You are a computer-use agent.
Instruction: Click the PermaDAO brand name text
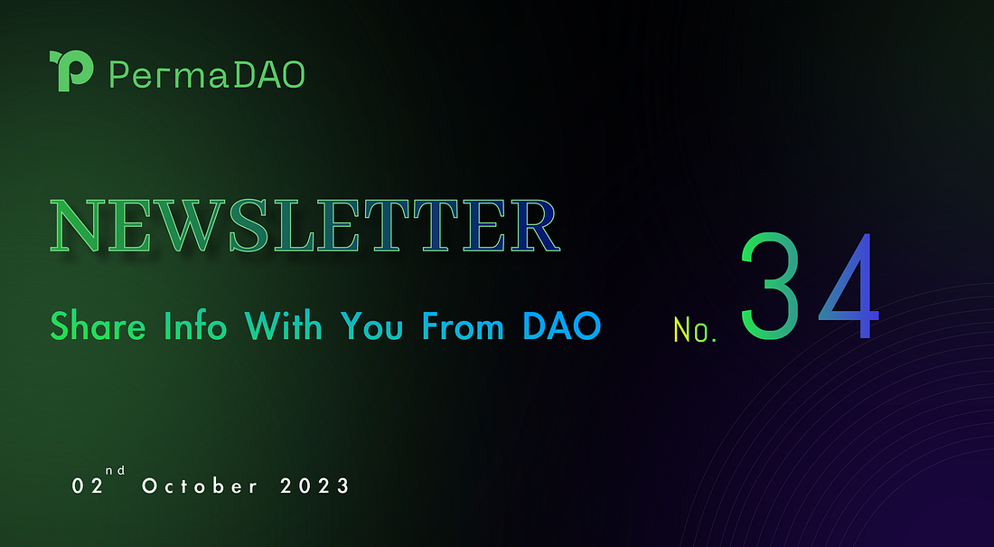(x=206, y=74)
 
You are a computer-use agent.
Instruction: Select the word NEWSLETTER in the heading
(x=305, y=225)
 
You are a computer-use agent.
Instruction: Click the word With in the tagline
(x=283, y=325)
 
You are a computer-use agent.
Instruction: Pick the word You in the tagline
(x=372, y=325)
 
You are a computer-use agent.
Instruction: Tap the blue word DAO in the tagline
(x=561, y=325)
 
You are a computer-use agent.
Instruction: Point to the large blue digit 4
(x=848, y=285)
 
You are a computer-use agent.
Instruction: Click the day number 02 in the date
(x=85, y=486)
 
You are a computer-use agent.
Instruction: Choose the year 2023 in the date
(x=314, y=486)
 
